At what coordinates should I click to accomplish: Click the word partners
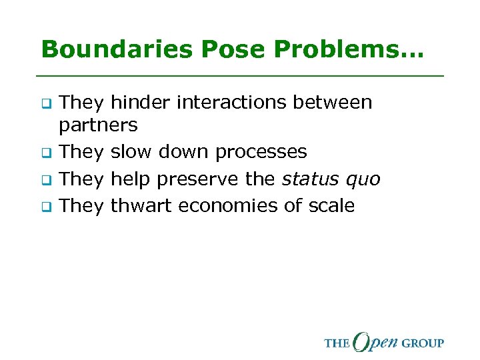pos(99,125)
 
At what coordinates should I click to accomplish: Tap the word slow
pos(131,152)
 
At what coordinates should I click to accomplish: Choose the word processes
pos(261,153)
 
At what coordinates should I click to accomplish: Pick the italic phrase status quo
pos(331,180)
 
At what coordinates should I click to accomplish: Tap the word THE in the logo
pos(337,343)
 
